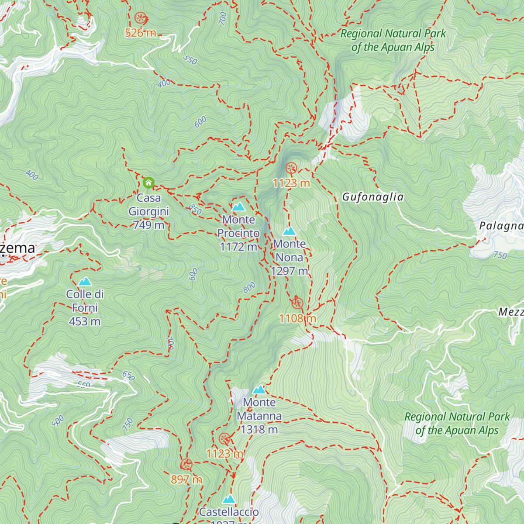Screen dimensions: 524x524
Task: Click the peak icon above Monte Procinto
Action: click(238, 207)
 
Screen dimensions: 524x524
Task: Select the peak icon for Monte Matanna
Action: click(259, 390)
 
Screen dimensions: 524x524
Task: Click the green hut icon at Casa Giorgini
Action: click(148, 183)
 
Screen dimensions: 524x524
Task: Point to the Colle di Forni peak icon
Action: click(85, 281)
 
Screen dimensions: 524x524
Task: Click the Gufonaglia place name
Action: click(372, 197)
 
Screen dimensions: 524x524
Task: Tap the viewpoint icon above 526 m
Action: click(140, 18)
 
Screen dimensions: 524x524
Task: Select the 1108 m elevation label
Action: click(297, 318)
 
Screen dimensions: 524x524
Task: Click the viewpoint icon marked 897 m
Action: click(186, 465)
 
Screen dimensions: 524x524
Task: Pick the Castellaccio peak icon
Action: click(229, 499)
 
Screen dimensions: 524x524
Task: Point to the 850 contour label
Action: click(195, 210)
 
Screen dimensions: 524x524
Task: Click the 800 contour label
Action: click(249, 288)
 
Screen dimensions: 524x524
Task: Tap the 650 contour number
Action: click(128, 376)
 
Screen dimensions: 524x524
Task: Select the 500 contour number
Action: click(58, 421)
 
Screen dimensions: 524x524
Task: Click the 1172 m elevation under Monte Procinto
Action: click(238, 247)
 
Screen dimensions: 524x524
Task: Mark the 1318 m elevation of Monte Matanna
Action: click(259, 430)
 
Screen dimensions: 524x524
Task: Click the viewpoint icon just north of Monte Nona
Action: click(291, 168)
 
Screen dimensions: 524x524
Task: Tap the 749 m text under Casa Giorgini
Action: click(148, 225)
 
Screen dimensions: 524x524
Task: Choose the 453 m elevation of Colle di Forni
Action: click(85, 321)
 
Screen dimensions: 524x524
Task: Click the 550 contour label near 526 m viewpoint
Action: click(190, 60)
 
